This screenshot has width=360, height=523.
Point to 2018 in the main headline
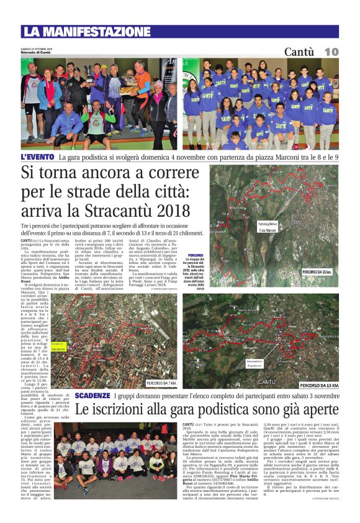(x=157, y=211)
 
